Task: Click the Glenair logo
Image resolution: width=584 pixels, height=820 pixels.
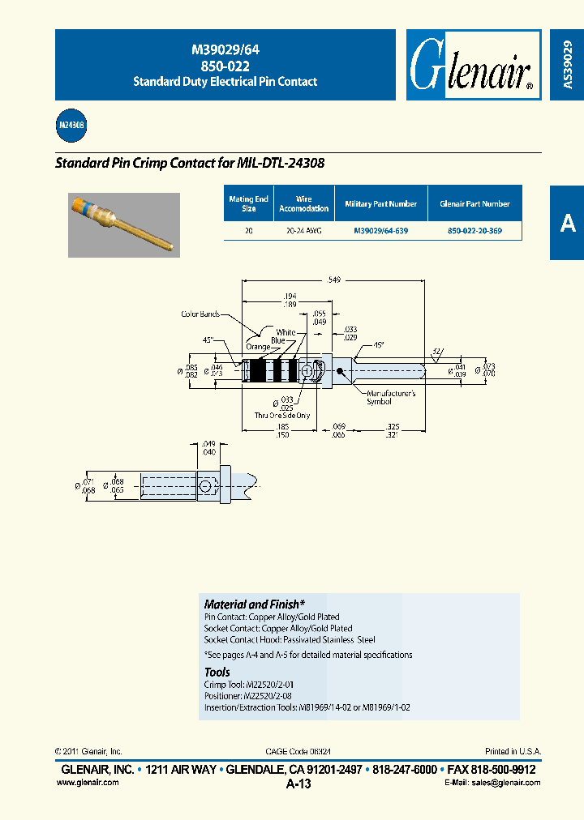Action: point(471,66)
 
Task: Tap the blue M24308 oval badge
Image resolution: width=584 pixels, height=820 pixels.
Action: point(71,126)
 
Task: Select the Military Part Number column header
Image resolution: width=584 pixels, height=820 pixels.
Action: point(380,204)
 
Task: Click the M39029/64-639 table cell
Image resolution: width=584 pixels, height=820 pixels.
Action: point(380,231)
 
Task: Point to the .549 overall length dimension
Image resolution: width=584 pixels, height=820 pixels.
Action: point(334,280)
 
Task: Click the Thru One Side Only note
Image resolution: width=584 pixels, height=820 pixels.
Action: point(281,414)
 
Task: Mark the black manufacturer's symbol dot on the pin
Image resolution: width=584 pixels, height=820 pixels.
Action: point(339,371)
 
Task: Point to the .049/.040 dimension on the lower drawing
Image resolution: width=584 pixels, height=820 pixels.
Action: point(209,448)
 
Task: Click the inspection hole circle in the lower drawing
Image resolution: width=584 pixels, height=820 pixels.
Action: point(209,486)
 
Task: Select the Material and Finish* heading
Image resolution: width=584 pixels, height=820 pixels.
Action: point(255,604)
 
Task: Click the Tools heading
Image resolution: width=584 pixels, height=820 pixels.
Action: point(217,673)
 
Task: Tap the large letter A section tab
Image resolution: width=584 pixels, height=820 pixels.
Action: point(567,223)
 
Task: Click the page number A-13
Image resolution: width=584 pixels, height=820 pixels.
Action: point(298,784)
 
